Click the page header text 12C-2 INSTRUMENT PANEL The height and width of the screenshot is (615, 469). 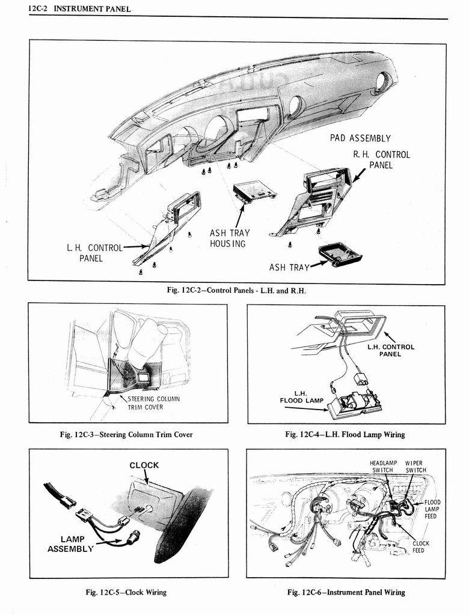79,9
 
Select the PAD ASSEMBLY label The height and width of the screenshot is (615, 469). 360,138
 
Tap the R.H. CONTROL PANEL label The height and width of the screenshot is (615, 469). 381,160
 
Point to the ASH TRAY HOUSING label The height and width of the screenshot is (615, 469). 229,238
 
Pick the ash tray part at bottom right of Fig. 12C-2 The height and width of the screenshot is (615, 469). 340,253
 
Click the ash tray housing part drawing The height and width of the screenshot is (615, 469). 254,191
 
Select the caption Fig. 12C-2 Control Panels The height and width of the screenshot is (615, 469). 236,291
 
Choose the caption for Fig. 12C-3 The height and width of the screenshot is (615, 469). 130,434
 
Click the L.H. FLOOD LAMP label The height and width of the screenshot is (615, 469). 301,397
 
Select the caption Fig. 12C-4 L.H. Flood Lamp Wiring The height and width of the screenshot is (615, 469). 345,434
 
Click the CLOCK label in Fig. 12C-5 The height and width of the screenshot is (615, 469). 144,465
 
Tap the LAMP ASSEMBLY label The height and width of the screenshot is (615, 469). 70,544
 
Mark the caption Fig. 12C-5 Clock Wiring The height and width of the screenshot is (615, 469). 126,592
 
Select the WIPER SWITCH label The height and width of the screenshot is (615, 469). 415,467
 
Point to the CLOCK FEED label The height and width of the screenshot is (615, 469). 420,547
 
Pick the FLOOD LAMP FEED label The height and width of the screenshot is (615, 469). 432,509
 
